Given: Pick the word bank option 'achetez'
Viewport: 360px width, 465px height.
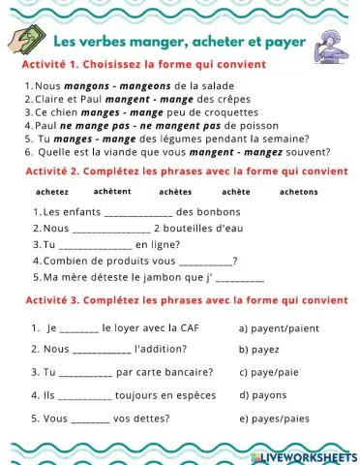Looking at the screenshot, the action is coord(52,192).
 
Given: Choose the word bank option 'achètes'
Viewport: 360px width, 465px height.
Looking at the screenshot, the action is coord(175,192).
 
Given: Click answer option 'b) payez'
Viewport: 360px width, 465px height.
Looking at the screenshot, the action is coord(256,348).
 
